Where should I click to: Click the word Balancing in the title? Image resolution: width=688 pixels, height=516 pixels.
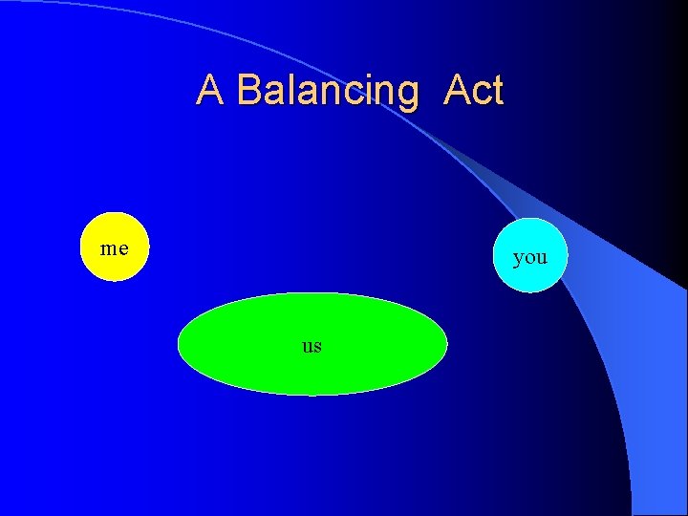click(x=327, y=91)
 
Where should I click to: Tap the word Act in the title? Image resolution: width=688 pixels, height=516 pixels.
click(x=473, y=91)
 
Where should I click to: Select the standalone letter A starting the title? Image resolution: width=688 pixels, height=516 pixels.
click(x=211, y=91)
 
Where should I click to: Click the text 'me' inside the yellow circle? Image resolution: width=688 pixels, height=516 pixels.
click(x=115, y=248)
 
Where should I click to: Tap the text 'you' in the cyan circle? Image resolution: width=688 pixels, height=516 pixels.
click(x=530, y=256)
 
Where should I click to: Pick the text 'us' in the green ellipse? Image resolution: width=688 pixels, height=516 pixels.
click(x=312, y=345)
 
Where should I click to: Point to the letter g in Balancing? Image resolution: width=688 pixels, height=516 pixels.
click(x=406, y=95)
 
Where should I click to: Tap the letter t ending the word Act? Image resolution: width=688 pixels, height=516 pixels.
click(x=496, y=91)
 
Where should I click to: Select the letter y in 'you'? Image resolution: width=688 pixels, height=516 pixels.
click(x=518, y=258)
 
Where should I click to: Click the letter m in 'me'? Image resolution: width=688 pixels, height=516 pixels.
click(x=109, y=249)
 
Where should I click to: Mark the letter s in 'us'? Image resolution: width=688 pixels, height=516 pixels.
click(x=317, y=346)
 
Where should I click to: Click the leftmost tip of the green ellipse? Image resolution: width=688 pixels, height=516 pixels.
click(x=181, y=344)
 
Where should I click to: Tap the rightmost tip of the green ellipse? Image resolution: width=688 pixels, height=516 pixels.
click(x=445, y=344)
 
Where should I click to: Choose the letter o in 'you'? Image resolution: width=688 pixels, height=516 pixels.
click(x=530, y=257)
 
